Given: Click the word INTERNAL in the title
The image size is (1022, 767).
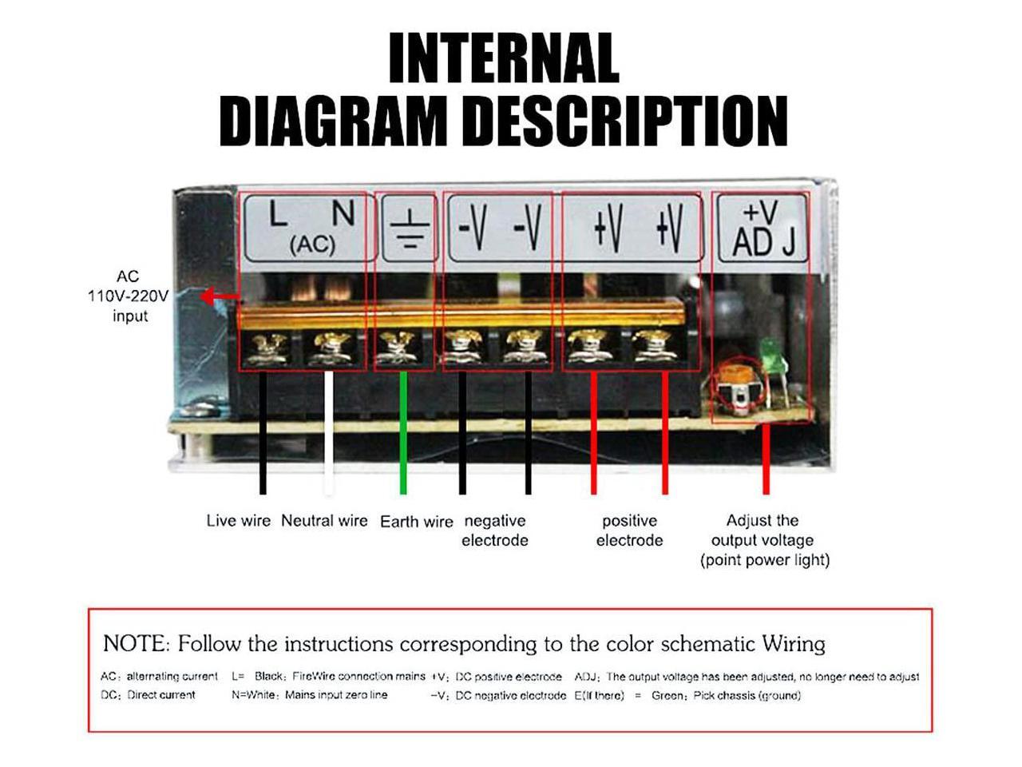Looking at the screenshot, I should tap(503, 58).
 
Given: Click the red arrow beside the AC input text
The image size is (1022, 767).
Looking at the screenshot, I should tap(219, 297).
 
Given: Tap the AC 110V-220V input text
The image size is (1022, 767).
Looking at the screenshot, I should tap(129, 296).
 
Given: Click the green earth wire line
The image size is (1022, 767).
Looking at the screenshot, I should tap(403, 431).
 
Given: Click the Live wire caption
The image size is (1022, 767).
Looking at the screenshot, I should tap(238, 521).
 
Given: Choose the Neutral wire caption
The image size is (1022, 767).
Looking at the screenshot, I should tap(324, 521).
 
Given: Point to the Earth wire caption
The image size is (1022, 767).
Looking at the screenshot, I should tap(416, 522).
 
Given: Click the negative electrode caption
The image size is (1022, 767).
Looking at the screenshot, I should tap(495, 531).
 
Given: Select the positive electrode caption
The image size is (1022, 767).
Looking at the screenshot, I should tap(629, 531).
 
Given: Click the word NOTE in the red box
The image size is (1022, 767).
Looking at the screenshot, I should tap(135, 643).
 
